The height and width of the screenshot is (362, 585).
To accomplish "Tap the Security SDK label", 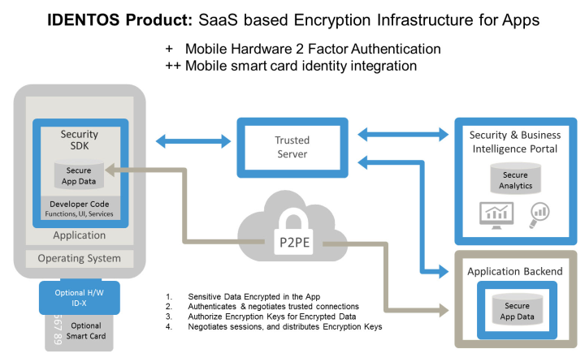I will (79, 140).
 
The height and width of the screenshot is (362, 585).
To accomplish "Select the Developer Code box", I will (79, 208).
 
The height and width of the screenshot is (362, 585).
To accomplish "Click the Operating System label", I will (79, 259).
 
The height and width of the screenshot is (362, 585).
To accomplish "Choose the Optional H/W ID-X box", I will (80, 297).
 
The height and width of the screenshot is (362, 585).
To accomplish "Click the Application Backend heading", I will (513, 271).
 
